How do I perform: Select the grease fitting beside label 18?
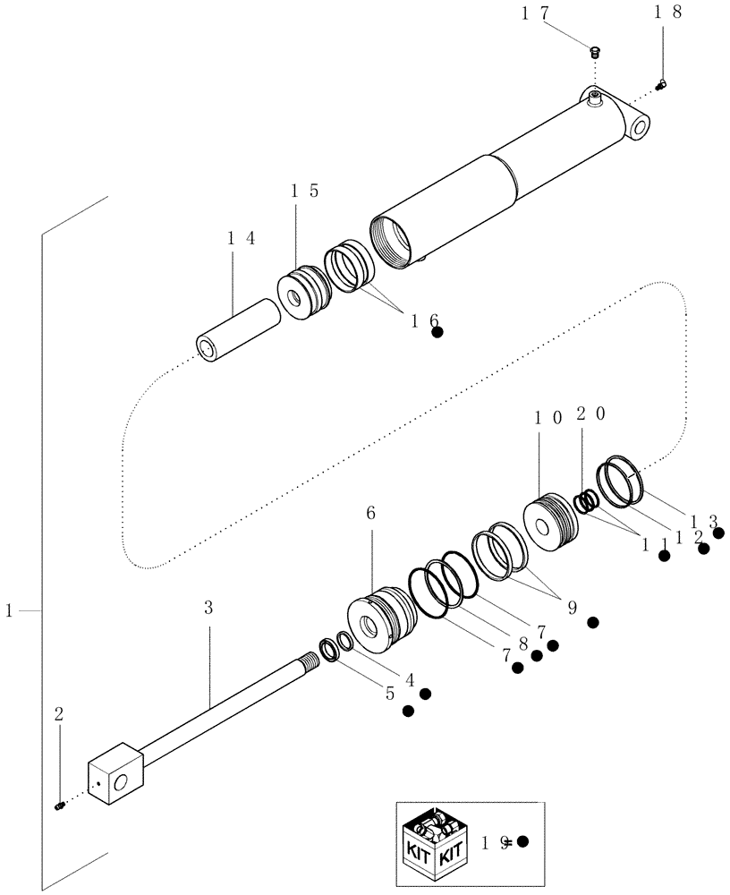[x=662, y=85]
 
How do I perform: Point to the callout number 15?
[x=303, y=192]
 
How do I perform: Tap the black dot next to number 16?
[x=437, y=332]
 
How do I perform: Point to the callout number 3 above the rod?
[x=208, y=607]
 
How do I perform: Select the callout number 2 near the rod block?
[x=58, y=714]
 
